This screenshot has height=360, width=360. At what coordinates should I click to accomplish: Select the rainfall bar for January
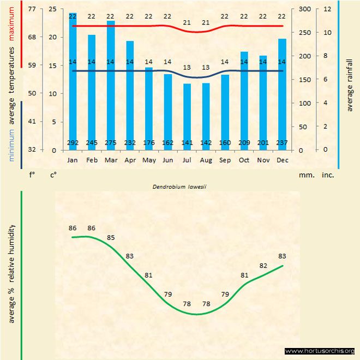73,82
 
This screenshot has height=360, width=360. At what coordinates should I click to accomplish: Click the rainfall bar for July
187,117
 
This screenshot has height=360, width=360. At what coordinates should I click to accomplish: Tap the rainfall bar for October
244,101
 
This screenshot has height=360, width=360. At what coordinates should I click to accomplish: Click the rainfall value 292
73,143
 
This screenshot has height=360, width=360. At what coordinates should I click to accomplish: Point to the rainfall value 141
187,143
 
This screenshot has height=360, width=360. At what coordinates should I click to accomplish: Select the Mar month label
111,160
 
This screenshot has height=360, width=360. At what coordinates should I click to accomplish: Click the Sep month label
225,160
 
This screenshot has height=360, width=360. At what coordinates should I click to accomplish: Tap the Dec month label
282,160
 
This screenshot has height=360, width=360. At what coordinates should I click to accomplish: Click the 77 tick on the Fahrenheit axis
32,9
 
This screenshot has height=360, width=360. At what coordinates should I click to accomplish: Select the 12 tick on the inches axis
327,9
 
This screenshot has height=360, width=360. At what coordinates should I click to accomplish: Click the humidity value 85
111,238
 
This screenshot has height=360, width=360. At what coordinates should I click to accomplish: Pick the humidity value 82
263,266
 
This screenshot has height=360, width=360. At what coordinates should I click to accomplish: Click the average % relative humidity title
11,273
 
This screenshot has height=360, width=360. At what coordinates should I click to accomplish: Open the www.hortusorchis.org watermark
320,351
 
